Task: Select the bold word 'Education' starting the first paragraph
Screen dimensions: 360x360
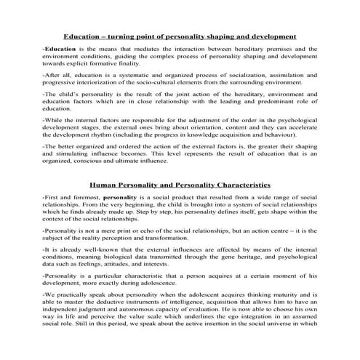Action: pos(59,49)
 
